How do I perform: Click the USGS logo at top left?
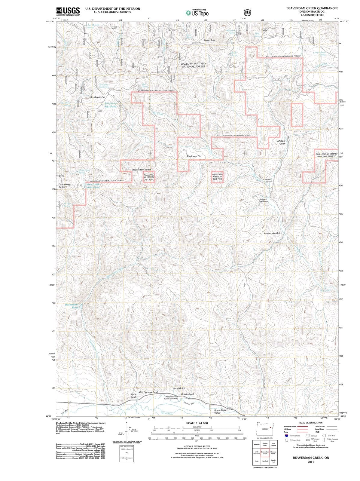point(68,11)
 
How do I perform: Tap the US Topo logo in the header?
point(197,13)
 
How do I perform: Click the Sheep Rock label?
point(209,40)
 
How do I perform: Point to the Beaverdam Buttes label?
point(142,170)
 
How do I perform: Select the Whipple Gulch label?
point(281,142)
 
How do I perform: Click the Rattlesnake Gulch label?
point(273,233)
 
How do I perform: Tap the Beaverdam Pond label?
point(72,306)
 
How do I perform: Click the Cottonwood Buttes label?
point(65,185)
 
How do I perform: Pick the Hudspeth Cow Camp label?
point(263,200)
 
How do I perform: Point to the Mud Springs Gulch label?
point(148,392)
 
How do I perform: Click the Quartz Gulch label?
point(188,394)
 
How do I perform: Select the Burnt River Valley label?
point(220,412)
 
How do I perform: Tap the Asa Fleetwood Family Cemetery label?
point(172,398)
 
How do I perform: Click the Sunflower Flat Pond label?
point(111,105)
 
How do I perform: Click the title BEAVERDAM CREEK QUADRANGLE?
point(312,8)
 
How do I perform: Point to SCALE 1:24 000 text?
point(197,423)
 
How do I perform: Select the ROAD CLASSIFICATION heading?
point(311,423)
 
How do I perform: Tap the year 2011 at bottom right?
point(311,462)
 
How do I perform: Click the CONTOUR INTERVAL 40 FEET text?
point(197,446)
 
